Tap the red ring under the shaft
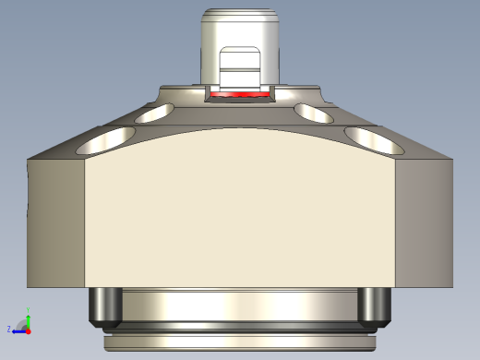point(240,94)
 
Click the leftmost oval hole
point(104,141)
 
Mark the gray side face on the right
point(425,222)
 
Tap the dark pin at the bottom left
point(104,306)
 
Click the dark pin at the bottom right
point(374,306)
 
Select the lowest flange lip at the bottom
point(240,343)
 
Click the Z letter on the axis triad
point(9,329)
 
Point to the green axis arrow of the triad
point(29,316)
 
